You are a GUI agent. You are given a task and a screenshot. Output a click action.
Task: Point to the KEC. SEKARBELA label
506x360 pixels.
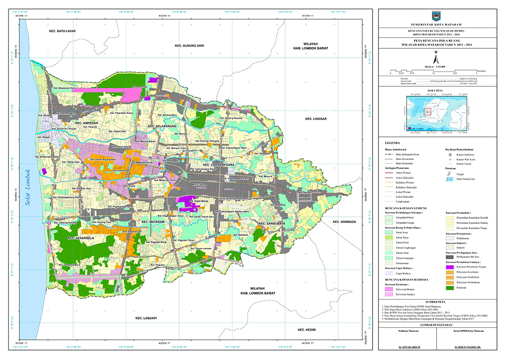pos(77,238)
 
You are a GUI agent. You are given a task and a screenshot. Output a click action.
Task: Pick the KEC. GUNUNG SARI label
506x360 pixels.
pos(189,45)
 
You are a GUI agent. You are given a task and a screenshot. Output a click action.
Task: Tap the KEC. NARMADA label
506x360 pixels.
pos(344,222)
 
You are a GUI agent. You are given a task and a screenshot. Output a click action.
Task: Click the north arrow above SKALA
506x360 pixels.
pos(435,56)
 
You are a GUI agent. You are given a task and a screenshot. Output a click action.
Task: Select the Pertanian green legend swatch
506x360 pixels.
pos(449,287)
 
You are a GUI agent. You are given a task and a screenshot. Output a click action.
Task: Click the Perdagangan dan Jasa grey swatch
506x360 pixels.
pos(449,257)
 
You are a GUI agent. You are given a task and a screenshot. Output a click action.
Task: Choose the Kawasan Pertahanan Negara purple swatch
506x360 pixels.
pos(449,266)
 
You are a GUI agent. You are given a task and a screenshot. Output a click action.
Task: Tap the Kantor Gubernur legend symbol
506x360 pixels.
pos(450,154)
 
